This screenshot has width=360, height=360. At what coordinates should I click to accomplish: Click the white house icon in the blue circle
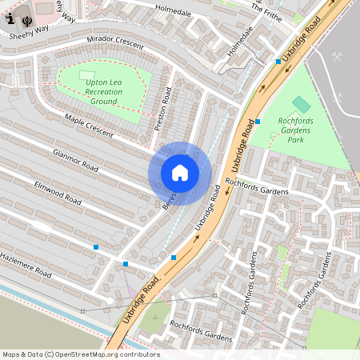(x=180, y=173)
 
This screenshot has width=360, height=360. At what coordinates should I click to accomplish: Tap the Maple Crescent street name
(x=89, y=126)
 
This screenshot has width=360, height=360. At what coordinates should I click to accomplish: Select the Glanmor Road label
(x=74, y=160)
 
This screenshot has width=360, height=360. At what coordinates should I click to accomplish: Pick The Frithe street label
(x=267, y=10)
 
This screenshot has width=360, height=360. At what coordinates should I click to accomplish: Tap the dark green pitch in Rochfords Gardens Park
(x=301, y=104)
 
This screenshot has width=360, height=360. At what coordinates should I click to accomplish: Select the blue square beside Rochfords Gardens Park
(x=258, y=122)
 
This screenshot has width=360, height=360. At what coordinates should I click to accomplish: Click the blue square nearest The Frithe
(x=278, y=61)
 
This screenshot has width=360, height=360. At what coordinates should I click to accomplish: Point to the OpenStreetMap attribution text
(x=80, y=354)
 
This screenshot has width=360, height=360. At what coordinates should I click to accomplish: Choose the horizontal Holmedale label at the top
(x=174, y=11)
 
